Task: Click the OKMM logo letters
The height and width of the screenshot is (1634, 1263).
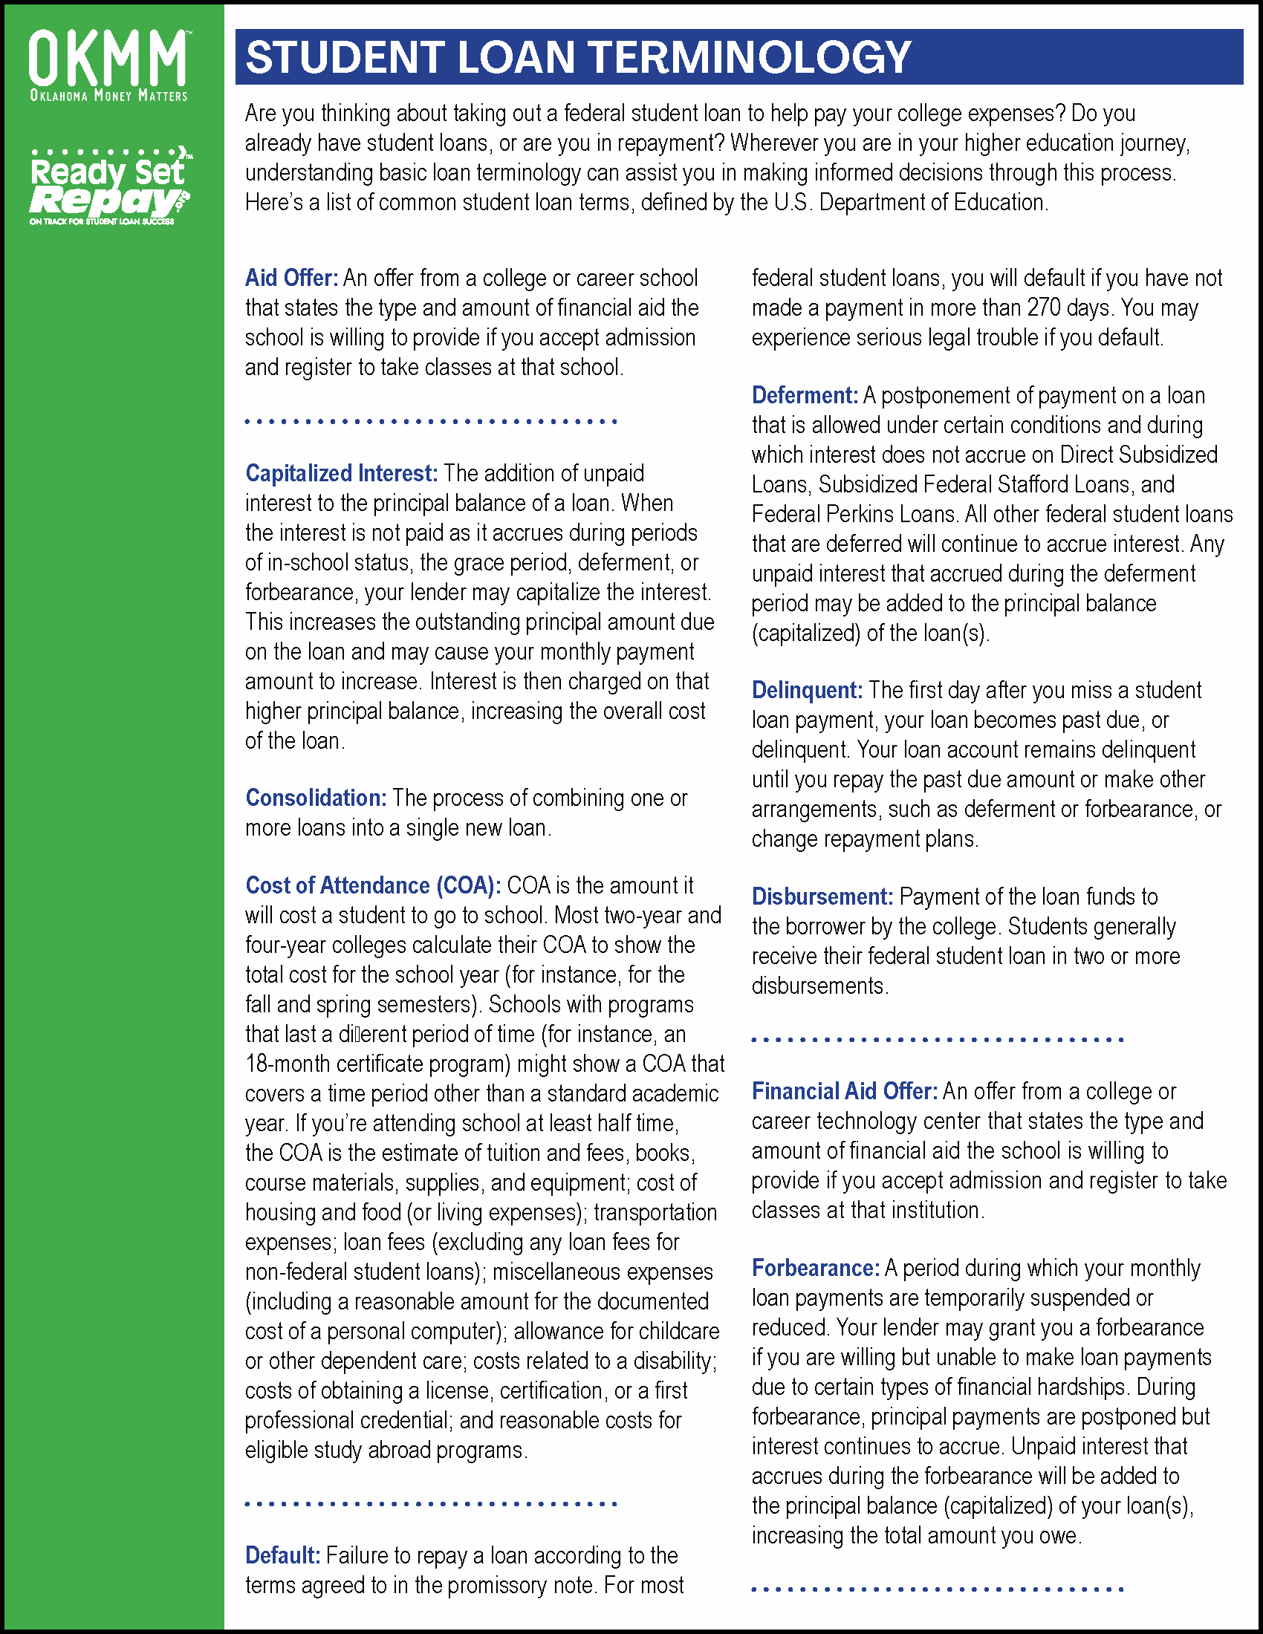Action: coord(108,58)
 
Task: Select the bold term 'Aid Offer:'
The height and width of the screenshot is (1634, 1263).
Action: coord(292,279)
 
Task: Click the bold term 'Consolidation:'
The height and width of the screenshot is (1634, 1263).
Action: coord(316,798)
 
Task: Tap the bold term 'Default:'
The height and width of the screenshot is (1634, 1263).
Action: coord(283,1555)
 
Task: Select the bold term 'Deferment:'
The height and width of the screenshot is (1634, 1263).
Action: coord(805,396)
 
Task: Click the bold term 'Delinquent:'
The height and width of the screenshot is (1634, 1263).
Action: coord(808,691)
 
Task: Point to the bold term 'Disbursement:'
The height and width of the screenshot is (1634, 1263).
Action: coord(822,897)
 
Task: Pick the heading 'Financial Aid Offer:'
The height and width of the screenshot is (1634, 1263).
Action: coord(845,1092)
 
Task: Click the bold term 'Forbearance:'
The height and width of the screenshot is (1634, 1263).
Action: coord(816,1268)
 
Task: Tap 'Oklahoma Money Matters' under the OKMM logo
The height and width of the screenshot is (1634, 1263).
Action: coord(108,96)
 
